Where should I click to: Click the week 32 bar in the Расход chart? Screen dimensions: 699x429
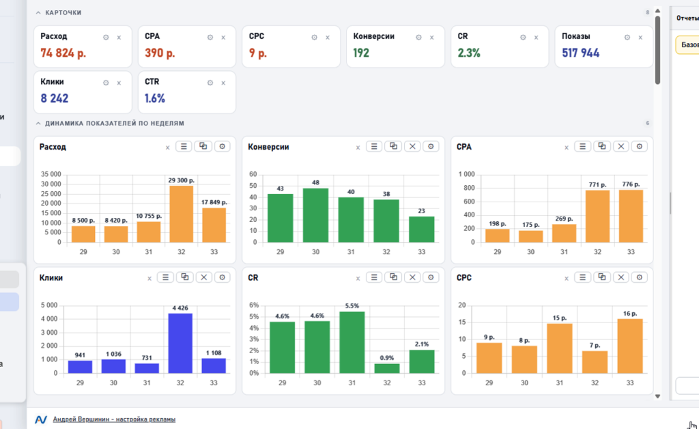coord(181,214)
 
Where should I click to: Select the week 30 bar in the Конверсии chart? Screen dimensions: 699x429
coord(315,215)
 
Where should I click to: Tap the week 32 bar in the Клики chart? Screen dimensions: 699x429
coord(180,344)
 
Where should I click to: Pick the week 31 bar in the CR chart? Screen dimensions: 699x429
coord(352,342)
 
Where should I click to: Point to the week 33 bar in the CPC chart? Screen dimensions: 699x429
coord(630,346)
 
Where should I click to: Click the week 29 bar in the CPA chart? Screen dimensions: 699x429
coord(497,236)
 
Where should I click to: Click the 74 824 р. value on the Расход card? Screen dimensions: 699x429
coord(63,53)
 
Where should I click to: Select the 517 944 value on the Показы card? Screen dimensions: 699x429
coord(580,53)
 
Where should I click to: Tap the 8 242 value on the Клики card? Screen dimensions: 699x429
coord(55,98)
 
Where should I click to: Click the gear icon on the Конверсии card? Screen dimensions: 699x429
coord(418,38)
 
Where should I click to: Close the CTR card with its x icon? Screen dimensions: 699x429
coord(223,83)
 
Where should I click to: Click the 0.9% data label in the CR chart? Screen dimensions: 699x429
coord(386,358)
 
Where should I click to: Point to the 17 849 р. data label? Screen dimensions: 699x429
coord(214,202)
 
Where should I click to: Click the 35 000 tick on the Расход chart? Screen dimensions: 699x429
coord(51,174)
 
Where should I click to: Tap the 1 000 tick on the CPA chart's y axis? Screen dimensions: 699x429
coord(467,174)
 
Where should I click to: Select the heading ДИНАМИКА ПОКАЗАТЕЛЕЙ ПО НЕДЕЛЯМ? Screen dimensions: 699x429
coord(115,123)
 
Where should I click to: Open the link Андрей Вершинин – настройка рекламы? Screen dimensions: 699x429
coord(114,419)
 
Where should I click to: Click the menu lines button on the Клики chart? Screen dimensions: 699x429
coord(165,277)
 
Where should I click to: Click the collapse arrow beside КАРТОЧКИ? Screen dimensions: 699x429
coord(38,12)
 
